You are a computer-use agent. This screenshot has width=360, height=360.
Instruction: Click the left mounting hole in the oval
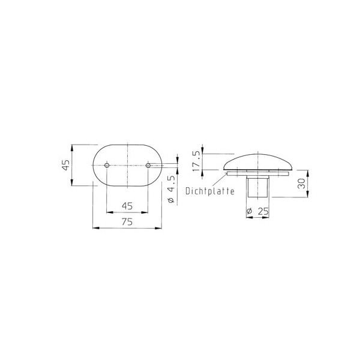[107, 165]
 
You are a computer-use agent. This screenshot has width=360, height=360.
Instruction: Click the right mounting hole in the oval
[148, 165]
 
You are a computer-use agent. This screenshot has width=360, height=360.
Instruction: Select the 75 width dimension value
[127, 222]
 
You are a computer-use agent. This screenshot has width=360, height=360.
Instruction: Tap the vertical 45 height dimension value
[66, 165]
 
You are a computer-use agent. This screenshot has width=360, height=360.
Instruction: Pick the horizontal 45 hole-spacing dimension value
[127, 206]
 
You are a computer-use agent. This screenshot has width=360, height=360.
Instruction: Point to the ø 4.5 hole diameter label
[171, 190]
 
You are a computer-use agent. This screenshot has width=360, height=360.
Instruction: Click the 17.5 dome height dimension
[196, 161]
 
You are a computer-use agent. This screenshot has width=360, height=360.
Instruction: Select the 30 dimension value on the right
[301, 184]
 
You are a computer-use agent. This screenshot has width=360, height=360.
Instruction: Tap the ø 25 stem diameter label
[257, 211]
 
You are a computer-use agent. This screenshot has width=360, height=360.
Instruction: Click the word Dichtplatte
[210, 191]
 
